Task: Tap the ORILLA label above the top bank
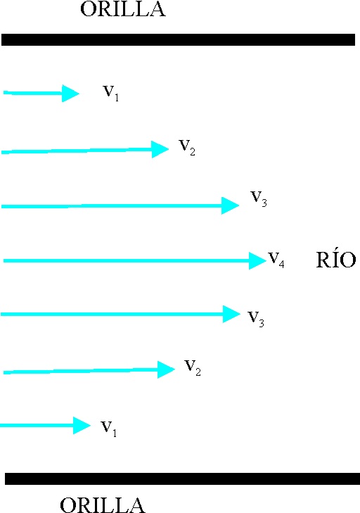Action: point(123,9)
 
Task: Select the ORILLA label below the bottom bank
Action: point(103,505)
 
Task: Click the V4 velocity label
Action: point(276,260)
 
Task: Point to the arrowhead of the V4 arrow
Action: point(257,261)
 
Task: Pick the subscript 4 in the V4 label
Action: point(281,264)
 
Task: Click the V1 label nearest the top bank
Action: point(111,94)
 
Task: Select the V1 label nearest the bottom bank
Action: point(108,429)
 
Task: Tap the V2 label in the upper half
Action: point(187,148)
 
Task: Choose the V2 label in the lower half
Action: point(193,368)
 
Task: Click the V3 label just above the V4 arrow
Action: point(259,199)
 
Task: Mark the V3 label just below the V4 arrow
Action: point(256,319)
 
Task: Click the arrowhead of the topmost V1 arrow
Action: point(70,94)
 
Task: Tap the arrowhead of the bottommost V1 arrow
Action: point(82,425)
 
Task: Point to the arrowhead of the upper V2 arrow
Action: point(160,149)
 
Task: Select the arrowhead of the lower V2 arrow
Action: point(166,369)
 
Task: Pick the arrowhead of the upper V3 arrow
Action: point(230,205)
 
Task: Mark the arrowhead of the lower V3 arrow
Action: point(231,314)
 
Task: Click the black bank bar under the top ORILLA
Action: point(178,39)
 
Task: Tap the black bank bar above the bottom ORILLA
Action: point(182,479)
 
